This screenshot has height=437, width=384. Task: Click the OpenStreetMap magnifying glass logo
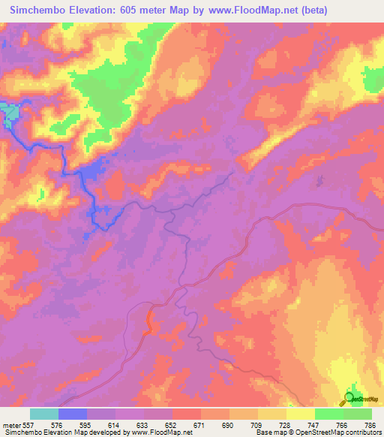[x=349, y=398]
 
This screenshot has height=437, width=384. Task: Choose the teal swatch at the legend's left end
[x=43, y=414]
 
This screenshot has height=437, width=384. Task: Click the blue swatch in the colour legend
[x=73, y=414]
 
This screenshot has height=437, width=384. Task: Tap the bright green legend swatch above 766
[x=329, y=414]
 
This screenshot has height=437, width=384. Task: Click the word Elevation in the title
[x=91, y=10]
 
